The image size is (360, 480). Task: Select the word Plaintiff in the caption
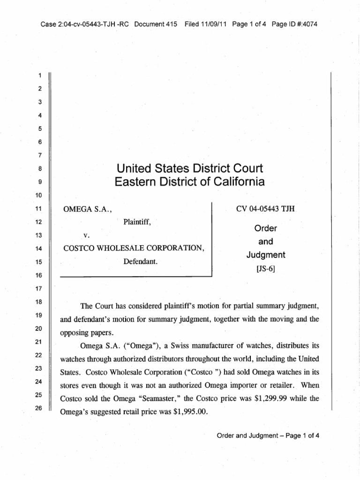point(137,222)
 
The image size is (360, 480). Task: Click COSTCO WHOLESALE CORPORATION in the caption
point(134,248)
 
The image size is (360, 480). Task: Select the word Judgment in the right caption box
point(266,255)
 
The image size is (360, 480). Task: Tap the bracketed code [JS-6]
point(266,269)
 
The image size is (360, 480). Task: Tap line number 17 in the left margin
point(40,289)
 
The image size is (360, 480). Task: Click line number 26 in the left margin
point(40,408)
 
